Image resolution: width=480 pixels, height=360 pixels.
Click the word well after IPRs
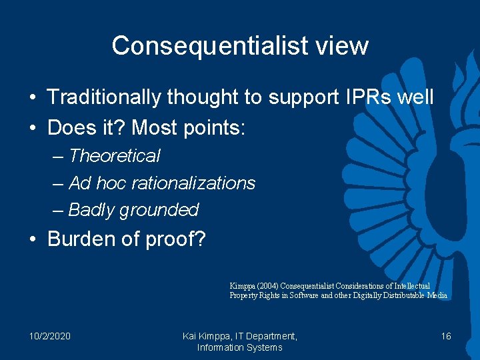pyautogui.click(x=415, y=97)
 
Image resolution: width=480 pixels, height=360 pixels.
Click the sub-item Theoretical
pyautogui.click(x=114, y=156)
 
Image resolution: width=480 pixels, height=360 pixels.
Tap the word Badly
pyautogui.click(x=91, y=210)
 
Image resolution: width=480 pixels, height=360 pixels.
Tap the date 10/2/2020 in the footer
pyautogui.click(x=50, y=336)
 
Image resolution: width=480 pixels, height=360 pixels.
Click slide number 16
pyautogui.click(x=446, y=336)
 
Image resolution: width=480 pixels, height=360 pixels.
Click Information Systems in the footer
pyautogui.click(x=240, y=347)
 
